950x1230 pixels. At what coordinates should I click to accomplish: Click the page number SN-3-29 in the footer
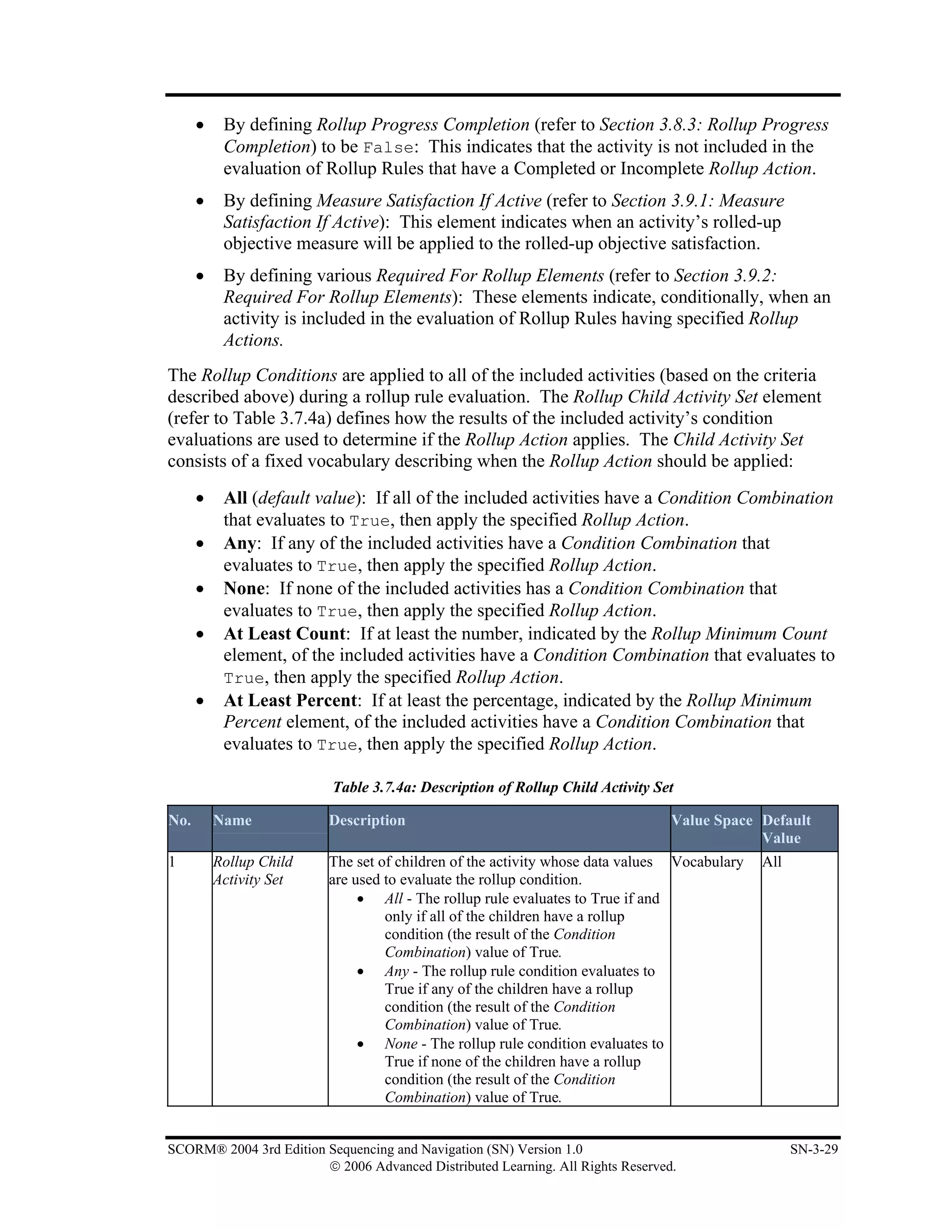coord(813,1149)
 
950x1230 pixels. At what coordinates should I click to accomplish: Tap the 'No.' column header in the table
coord(180,820)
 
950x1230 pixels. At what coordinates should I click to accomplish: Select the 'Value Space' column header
coord(712,820)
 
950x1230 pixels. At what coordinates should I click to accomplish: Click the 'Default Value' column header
coord(786,829)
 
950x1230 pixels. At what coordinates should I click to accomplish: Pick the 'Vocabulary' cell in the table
coord(707,861)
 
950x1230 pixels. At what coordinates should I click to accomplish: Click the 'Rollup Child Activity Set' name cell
coord(253,870)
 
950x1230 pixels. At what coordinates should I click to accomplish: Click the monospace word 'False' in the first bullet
coord(388,148)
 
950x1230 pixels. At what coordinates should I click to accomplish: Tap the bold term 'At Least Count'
coord(284,634)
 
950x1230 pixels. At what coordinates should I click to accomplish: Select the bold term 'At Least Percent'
coord(290,700)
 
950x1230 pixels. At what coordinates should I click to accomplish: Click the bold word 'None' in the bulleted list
coord(244,588)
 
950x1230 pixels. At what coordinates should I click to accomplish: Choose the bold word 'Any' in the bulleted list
coord(239,543)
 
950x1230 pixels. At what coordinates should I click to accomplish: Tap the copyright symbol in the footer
coord(335,1166)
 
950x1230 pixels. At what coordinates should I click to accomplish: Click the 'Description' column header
coord(367,820)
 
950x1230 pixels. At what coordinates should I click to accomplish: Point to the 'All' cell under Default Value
coord(771,861)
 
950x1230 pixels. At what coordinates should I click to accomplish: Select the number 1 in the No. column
coord(172,861)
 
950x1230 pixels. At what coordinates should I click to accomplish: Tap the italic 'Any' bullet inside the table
coord(396,971)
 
